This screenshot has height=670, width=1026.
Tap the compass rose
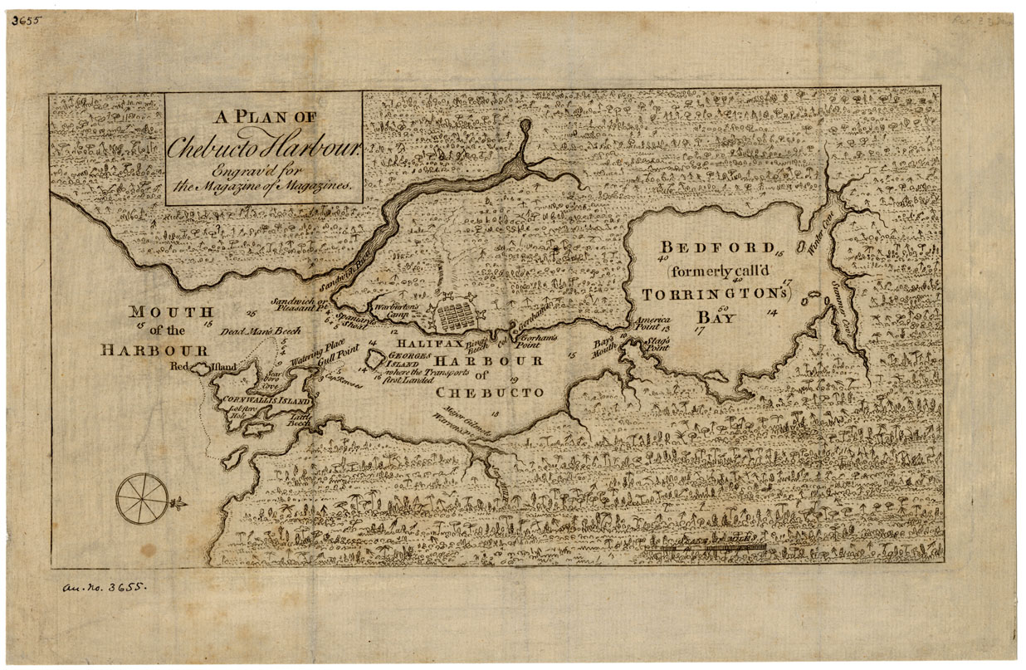142,498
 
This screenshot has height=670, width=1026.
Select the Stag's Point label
657,345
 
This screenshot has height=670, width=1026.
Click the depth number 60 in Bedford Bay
723,309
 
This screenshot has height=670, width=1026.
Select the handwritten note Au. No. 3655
104,587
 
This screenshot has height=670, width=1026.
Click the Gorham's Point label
535,340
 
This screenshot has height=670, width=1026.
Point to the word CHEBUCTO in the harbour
490,392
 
